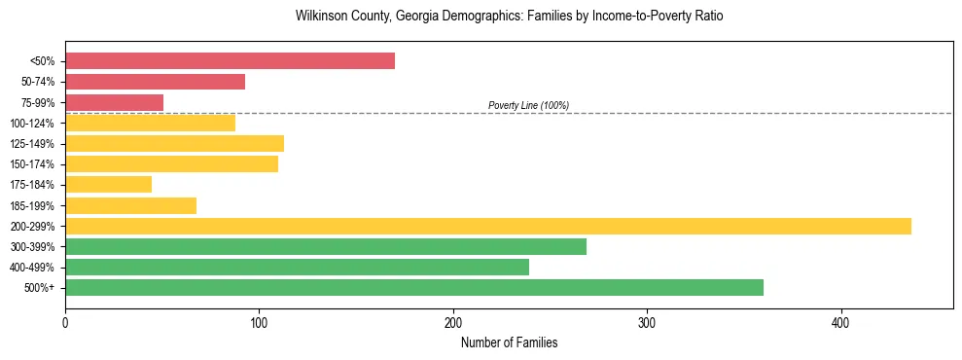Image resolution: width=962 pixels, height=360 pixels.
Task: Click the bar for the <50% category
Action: click(230, 61)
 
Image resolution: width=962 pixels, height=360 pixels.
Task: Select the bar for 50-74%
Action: click(155, 82)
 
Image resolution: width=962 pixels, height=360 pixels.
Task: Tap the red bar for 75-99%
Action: click(114, 102)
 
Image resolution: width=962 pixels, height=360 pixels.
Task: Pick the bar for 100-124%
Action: click(150, 123)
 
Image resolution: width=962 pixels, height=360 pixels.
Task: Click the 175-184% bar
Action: click(108, 185)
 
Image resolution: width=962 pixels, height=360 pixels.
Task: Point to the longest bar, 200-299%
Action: click(487, 226)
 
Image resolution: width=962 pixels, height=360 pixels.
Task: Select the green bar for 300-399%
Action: click(325, 246)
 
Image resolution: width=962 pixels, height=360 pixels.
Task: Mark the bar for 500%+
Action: click(413, 287)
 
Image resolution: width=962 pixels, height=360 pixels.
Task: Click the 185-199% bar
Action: click(130, 205)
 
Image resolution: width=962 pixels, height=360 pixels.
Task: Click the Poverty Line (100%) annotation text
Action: click(528, 105)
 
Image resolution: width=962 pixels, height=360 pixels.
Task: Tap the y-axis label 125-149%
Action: click(31, 144)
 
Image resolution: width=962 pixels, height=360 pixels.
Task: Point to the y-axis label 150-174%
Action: click(31, 164)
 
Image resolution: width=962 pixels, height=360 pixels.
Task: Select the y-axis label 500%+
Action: click(38, 288)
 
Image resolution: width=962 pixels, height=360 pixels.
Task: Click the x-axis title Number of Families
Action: click(509, 342)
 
